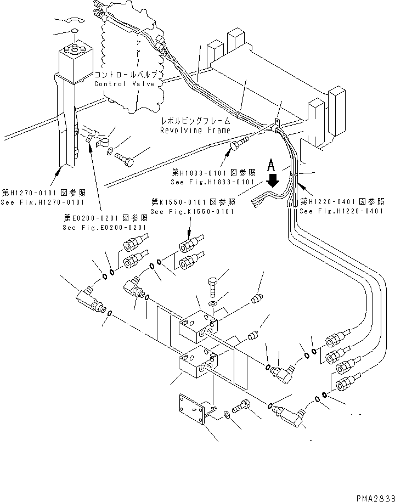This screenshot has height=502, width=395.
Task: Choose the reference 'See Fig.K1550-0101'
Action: [192, 211]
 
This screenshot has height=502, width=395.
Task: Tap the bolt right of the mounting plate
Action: [242, 408]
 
